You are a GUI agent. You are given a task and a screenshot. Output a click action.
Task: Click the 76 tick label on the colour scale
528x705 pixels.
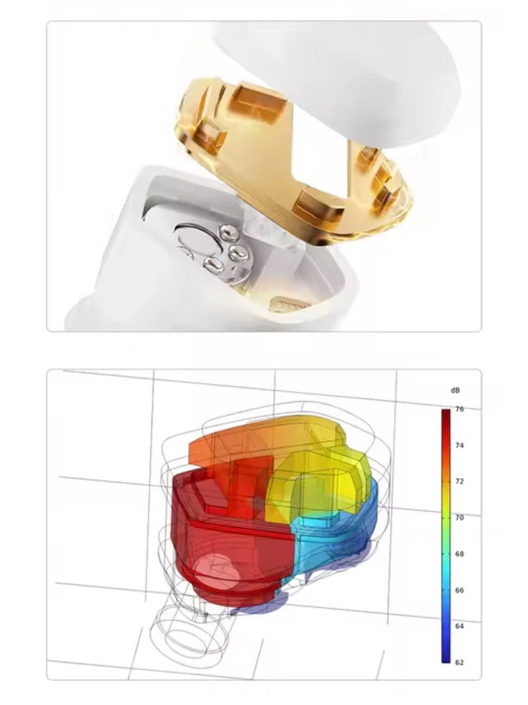click(x=459, y=409)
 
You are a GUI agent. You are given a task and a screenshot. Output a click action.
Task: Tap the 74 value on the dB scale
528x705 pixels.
click(x=459, y=445)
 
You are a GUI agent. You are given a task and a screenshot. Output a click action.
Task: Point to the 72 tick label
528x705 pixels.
click(x=459, y=481)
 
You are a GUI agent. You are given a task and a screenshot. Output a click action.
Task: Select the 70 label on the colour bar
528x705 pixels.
click(x=459, y=518)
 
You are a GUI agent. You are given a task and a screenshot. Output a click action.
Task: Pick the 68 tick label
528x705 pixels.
click(x=459, y=554)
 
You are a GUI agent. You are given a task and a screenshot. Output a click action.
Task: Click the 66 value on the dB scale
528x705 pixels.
click(x=459, y=590)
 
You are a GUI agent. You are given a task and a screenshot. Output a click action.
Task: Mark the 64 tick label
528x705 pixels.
click(x=459, y=626)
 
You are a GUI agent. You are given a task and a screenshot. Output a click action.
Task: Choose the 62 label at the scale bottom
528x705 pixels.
click(x=459, y=662)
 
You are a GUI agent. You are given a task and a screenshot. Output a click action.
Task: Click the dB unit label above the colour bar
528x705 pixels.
click(x=455, y=390)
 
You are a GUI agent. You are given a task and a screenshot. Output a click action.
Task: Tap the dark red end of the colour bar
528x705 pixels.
click(x=445, y=413)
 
